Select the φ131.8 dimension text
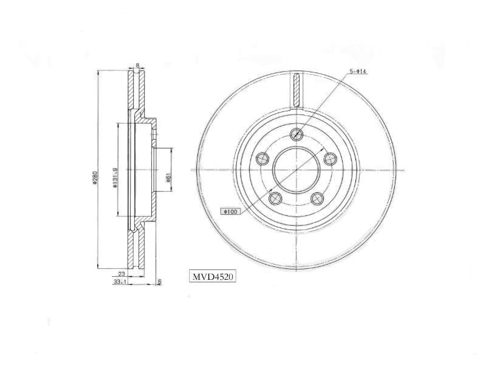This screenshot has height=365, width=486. coord(115,177)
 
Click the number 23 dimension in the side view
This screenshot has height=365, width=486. coord(122,274)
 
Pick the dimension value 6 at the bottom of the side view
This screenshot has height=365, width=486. coord(159,281)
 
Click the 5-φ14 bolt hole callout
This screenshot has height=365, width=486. coord(358,72)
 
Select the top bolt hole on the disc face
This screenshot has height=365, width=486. coord(296,134)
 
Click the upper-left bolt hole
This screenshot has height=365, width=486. coord(262,159)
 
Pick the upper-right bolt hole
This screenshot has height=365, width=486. coord(330,159)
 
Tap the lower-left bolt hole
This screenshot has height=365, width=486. coord(275,198)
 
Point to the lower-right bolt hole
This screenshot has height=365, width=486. coord(317,198)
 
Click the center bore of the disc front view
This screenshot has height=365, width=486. coord(296,170)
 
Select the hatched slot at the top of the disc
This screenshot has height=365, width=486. coord(296,89)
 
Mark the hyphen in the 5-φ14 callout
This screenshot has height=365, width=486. coord(354,72)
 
